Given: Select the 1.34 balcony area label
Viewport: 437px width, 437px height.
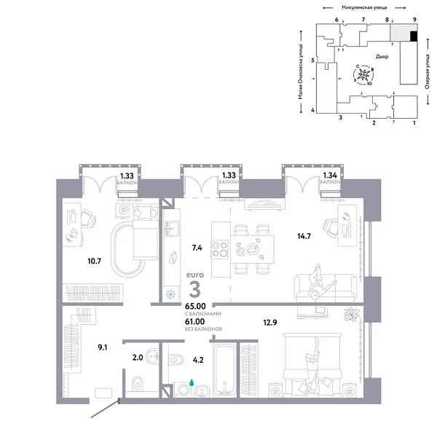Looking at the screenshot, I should click(x=329, y=176).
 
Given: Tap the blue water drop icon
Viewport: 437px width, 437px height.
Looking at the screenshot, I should click(x=192, y=381).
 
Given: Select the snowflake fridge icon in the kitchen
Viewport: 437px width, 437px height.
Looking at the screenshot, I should click(x=171, y=294).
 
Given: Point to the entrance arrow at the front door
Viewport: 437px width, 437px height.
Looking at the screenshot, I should click(x=102, y=410).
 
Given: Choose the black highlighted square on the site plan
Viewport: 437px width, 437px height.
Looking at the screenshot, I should click(x=413, y=36).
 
